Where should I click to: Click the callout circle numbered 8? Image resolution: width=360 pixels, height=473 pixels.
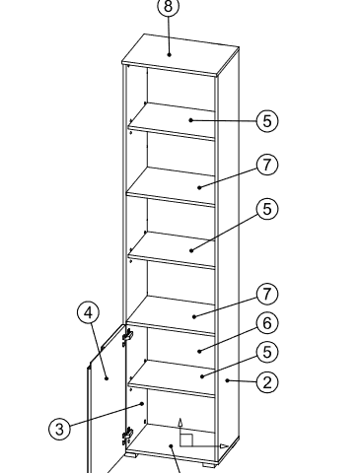pyautogui.click(x=169, y=6)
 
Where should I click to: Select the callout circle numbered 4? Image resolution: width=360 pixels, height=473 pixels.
pyautogui.click(x=89, y=313)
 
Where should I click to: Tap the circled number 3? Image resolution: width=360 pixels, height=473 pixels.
pyautogui.click(x=59, y=429)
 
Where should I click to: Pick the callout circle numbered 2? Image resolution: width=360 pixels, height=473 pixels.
pyautogui.click(x=267, y=382)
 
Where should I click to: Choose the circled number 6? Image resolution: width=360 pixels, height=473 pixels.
pyautogui.click(x=267, y=323)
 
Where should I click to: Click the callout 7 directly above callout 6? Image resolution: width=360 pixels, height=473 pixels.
pyautogui.click(x=267, y=295)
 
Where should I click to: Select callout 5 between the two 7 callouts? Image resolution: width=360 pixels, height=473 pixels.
pyautogui.click(x=267, y=209)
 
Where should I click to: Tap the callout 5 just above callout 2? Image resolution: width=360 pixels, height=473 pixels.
pyautogui.click(x=267, y=352)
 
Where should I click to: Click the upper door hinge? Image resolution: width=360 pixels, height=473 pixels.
pyautogui.click(x=127, y=336)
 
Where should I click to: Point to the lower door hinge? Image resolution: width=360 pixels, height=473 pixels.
pyautogui.click(x=127, y=436)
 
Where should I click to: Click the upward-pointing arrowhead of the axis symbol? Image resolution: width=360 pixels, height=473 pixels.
pyautogui.click(x=180, y=422)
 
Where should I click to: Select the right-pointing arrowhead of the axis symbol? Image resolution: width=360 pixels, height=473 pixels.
pyautogui.click(x=224, y=446)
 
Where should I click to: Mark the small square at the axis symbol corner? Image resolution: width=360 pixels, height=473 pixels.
pyautogui.click(x=186, y=440)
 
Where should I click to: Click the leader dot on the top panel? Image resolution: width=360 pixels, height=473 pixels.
pyautogui.click(x=169, y=54)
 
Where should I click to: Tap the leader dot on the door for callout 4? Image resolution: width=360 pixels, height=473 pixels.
pyautogui.click(x=107, y=378)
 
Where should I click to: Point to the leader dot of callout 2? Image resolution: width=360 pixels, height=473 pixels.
pyautogui.click(x=227, y=380)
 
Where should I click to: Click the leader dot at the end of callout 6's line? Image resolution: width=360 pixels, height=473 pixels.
pyautogui.click(x=199, y=351)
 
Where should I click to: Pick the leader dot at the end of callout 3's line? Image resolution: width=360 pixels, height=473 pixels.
pyautogui.click(x=142, y=404)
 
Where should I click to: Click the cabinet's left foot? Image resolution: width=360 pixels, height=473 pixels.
pyautogui.click(x=132, y=455)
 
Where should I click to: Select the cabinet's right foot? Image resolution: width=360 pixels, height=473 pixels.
pyautogui.click(x=209, y=464)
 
